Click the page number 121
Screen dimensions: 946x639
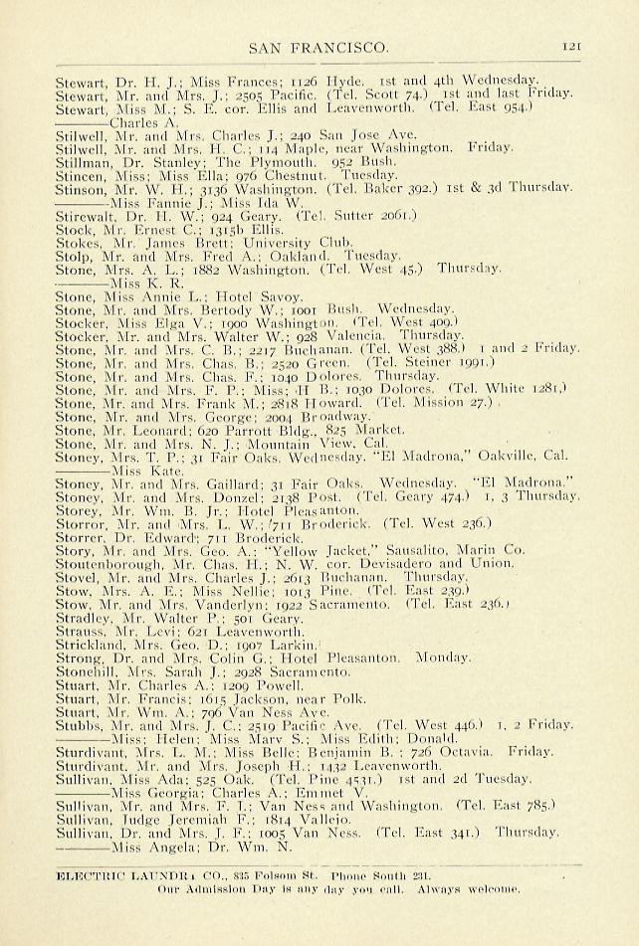(571, 46)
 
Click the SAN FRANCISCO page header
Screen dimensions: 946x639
(319, 47)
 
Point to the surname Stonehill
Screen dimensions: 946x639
(87, 672)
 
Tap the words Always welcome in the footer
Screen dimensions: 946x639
(467, 888)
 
